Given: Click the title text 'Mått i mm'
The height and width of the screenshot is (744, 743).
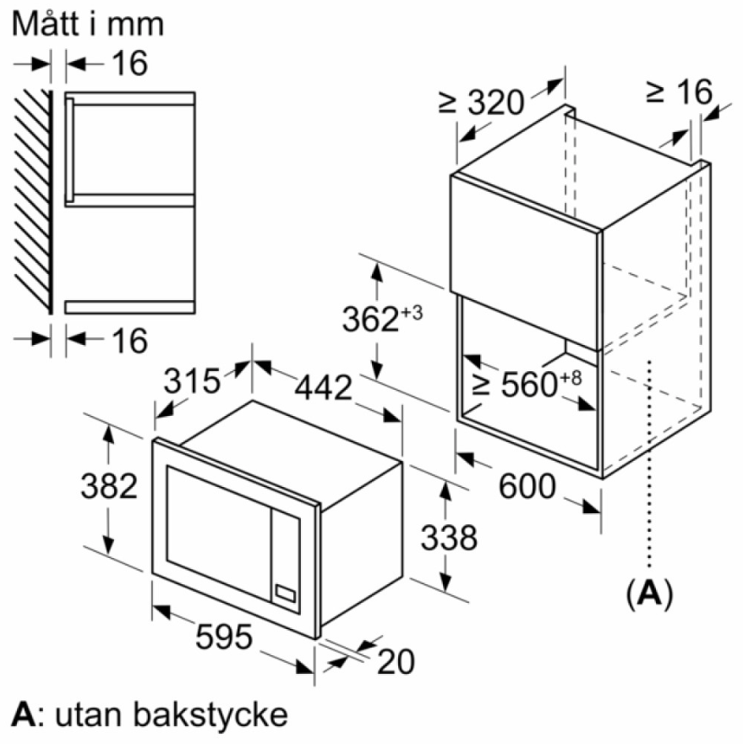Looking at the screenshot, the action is [x=88, y=23].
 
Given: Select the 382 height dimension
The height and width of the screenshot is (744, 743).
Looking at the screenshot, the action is [x=109, y=486].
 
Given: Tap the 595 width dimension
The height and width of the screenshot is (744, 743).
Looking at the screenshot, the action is [x=224, y=637].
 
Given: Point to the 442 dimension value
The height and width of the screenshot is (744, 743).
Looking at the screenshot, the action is [x=324, y=387].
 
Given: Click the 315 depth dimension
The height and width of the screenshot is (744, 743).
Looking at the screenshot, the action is [x=192, y=380].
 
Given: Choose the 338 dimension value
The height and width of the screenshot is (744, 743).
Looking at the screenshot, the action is [x=449, y=538].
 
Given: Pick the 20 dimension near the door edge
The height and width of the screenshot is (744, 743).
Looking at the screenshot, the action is [x=396, y=661].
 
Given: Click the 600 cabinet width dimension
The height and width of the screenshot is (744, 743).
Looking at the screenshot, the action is [x=527, y=486].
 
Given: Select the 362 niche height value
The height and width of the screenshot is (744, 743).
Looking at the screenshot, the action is [x=382, y=319].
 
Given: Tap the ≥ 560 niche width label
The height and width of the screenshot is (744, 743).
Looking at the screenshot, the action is [x=527, y=384].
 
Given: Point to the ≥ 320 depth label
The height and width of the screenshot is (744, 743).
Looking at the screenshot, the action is [x=482, y=101].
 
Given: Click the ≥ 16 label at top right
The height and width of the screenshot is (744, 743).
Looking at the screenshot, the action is [x=679, y=91].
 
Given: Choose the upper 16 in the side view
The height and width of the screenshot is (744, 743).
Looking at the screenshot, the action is [x=129, y=63].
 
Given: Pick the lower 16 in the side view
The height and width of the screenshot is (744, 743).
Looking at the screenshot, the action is [x=129, y=340].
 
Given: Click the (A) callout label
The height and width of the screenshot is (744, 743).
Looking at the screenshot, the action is [x=649, y=593].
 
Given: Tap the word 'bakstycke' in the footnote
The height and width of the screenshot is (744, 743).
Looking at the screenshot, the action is [x=210, y=714].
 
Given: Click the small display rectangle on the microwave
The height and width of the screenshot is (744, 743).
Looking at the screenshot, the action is [x=286, y=594].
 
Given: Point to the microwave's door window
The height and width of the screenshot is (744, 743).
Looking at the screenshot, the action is [x=218, y=533].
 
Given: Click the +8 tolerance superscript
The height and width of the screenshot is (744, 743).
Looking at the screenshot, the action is [x=571, y=378].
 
